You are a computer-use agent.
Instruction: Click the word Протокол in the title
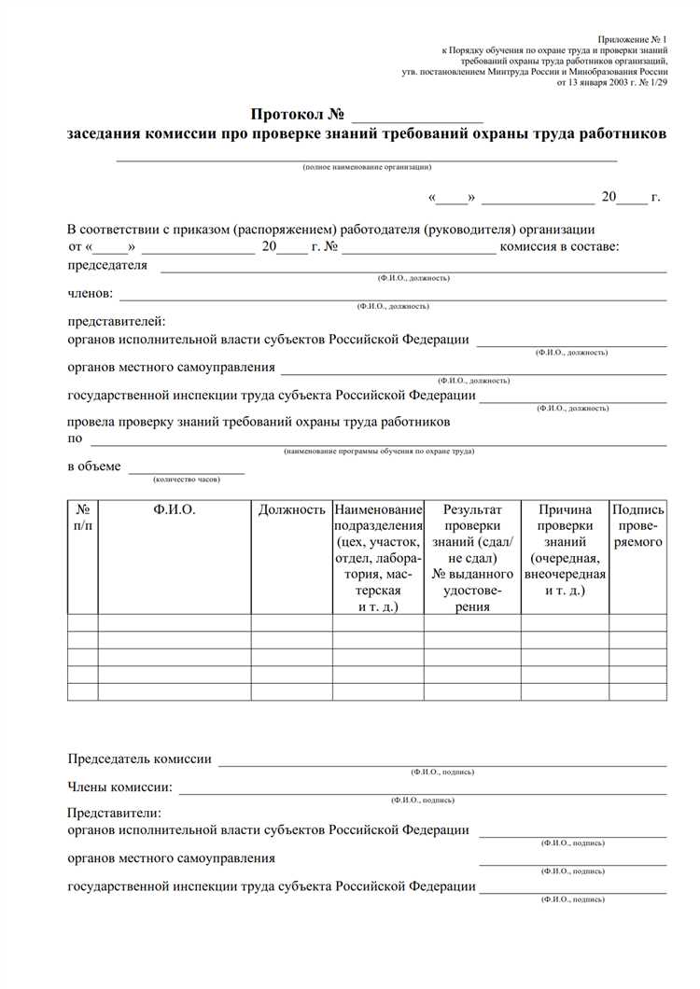[286, 115]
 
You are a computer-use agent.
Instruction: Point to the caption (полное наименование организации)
[367, 167]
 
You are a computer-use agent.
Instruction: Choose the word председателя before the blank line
[107, 265]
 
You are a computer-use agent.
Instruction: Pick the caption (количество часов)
[187, 479]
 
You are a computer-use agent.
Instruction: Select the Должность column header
[292, 510]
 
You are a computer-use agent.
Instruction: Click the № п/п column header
[83, 518]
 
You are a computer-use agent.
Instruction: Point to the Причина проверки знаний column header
[566, 550]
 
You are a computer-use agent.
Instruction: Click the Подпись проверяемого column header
[638, 525]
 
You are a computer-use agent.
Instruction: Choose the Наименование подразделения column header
[378, 558]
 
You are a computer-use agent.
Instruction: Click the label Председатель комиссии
[140, 759]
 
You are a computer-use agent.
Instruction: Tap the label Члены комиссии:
[120, 787]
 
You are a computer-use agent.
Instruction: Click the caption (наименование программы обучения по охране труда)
[379, 451]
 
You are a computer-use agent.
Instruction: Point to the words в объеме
[94, 466]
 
